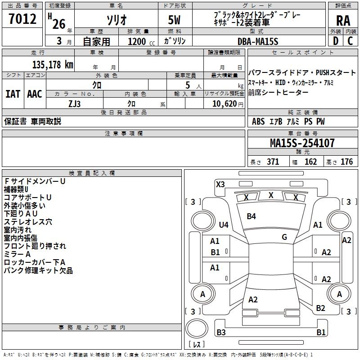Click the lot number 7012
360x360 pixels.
click(22, 19)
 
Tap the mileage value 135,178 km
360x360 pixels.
click(52, 65)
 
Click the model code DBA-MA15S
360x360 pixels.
click(258, 41)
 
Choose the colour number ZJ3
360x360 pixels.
click(75, 103)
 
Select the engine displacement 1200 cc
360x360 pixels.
click(137, 41)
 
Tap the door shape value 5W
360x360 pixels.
click(174, 21)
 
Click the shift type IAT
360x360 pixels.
click(13, 94)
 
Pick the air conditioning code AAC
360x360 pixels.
click(35, 94)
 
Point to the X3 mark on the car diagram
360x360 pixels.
click(220, 184)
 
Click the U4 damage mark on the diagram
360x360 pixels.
click(223, 225)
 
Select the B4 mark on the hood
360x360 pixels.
click(251, 216)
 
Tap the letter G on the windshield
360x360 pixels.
click(284, 237)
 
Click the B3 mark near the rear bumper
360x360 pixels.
click(221, 333)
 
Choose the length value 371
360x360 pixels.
click(273, 162)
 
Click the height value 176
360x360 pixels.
click(346, 162)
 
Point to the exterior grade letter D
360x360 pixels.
click(335, 41)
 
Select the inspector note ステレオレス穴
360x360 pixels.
click(28, 221)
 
